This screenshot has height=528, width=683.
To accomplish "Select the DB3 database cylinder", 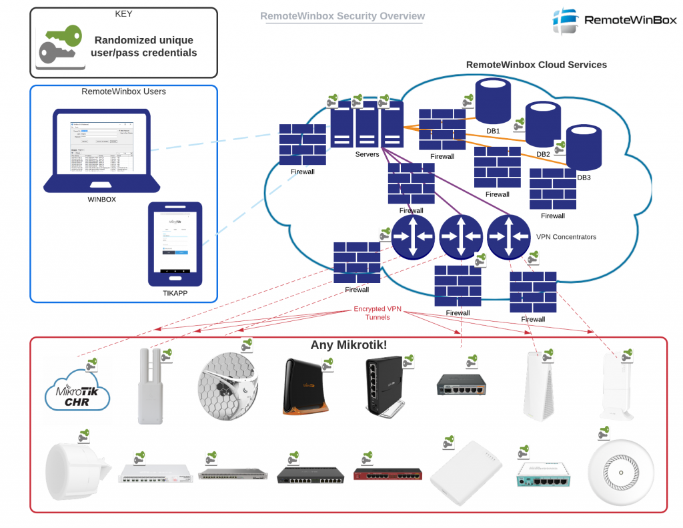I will [584, 148].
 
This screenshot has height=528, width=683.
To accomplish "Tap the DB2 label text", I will [543, 154].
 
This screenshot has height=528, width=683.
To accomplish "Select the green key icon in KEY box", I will [61, 44].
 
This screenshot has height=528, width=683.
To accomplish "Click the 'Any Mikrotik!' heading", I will [349, 345].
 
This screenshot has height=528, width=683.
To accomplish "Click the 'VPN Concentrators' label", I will [566, 237].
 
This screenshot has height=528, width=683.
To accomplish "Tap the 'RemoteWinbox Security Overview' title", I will [342, 16].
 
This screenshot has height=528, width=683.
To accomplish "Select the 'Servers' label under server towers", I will [367, 154].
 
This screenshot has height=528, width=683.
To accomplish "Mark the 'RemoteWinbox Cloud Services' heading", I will [536, 65].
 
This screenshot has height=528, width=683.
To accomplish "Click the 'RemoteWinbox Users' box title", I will [123, 91].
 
